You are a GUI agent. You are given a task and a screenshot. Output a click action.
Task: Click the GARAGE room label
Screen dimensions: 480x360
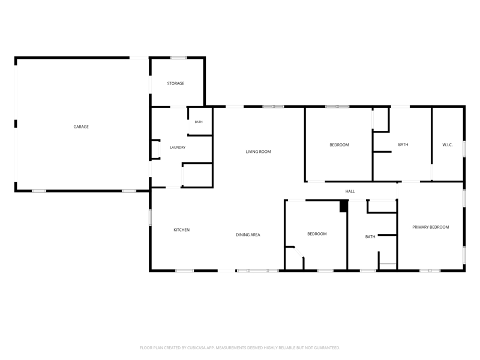click(81, 127)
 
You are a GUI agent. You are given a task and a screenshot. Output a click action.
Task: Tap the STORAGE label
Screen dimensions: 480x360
click(176, 83)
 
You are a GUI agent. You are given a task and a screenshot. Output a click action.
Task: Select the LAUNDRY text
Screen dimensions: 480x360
click(178, 148)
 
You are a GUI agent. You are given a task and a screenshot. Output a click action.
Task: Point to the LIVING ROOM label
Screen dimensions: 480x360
click(258, 152)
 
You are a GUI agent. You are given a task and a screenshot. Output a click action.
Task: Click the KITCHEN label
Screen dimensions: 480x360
click(182, 230)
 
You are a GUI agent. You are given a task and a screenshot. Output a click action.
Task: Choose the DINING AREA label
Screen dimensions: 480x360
click(248, 235)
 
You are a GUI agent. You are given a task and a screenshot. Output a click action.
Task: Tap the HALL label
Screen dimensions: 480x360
click(350, 191)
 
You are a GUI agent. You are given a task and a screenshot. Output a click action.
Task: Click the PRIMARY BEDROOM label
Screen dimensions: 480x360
click(430, 227)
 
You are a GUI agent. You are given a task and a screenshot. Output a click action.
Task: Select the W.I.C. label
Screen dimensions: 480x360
click(447, 145)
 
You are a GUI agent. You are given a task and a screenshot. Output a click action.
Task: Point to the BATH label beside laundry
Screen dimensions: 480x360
click(199, 122)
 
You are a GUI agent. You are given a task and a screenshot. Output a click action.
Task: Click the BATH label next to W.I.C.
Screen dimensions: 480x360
click(403, 145)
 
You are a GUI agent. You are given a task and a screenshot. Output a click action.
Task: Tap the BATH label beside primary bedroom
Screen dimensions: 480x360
click(370, 236)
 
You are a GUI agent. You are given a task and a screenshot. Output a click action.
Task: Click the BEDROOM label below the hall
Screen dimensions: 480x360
click(317, 234)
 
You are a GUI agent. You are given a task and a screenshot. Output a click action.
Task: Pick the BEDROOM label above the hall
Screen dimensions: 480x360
click(339, 145)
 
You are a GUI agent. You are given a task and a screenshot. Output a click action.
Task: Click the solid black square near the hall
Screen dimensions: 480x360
click(344, 206)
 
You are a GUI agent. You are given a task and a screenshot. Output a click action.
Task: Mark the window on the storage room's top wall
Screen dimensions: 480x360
click(178, 58)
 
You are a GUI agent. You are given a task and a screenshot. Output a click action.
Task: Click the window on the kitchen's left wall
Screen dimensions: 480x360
click(150, 218)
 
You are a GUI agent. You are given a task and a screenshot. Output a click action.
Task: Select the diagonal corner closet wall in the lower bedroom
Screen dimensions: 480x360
click(298, 252)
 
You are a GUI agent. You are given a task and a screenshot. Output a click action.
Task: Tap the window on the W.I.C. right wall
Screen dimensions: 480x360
click(464, 149)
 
